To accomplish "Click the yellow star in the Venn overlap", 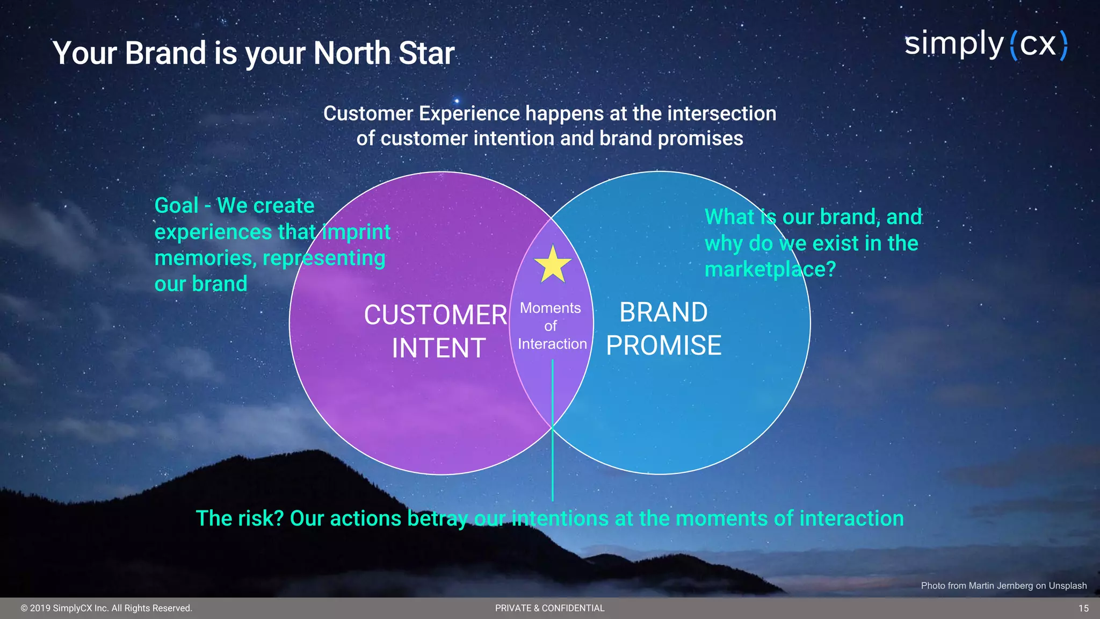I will click(x=553, y=265).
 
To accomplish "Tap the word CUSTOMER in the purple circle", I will click(x=435, y=315).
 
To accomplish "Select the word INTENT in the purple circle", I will click(x=438, y=348).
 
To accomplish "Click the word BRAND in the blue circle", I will click(x=663, y=312).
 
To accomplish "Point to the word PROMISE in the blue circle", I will click(x=663, y=346).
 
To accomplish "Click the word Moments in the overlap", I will click(x=550, y=308).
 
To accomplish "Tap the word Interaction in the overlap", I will click(x=552, y=344).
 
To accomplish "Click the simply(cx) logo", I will click(x=986, y=45).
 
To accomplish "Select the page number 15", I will click(x=1083, y=608).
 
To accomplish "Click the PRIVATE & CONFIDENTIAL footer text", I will click(x=549, y=608).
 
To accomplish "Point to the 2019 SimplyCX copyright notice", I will click(x=106, y=608).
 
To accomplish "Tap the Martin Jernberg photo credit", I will click(x=1003, y=586).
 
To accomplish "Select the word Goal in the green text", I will click(x=176, y=206).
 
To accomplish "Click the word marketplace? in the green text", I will click(x=770, y=269).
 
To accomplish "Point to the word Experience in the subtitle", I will click(x=469, y=114).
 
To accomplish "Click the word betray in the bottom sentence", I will click(x=438, y=519).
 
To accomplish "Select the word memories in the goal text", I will click(x=204, y=258).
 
